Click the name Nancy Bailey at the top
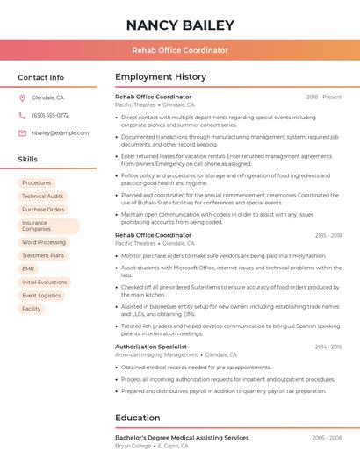point(180,25)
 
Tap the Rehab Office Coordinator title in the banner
point(180,50)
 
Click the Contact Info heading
point(41,77)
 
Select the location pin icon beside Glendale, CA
point(22,98)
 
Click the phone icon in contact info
point(22,116)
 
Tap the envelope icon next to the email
point(22,133)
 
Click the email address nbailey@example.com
point(61,133)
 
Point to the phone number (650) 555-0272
point(50,116)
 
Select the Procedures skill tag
point(37,183)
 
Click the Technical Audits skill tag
point(43,197)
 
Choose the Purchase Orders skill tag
point(44,210)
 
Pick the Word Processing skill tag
point(44,242)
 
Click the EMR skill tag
point(29,268)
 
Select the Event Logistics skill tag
point(42,296)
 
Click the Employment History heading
point(161,77)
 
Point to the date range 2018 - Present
point(324,97)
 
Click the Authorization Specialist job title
point(151,347)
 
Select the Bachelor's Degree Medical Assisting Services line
point(182,438)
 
